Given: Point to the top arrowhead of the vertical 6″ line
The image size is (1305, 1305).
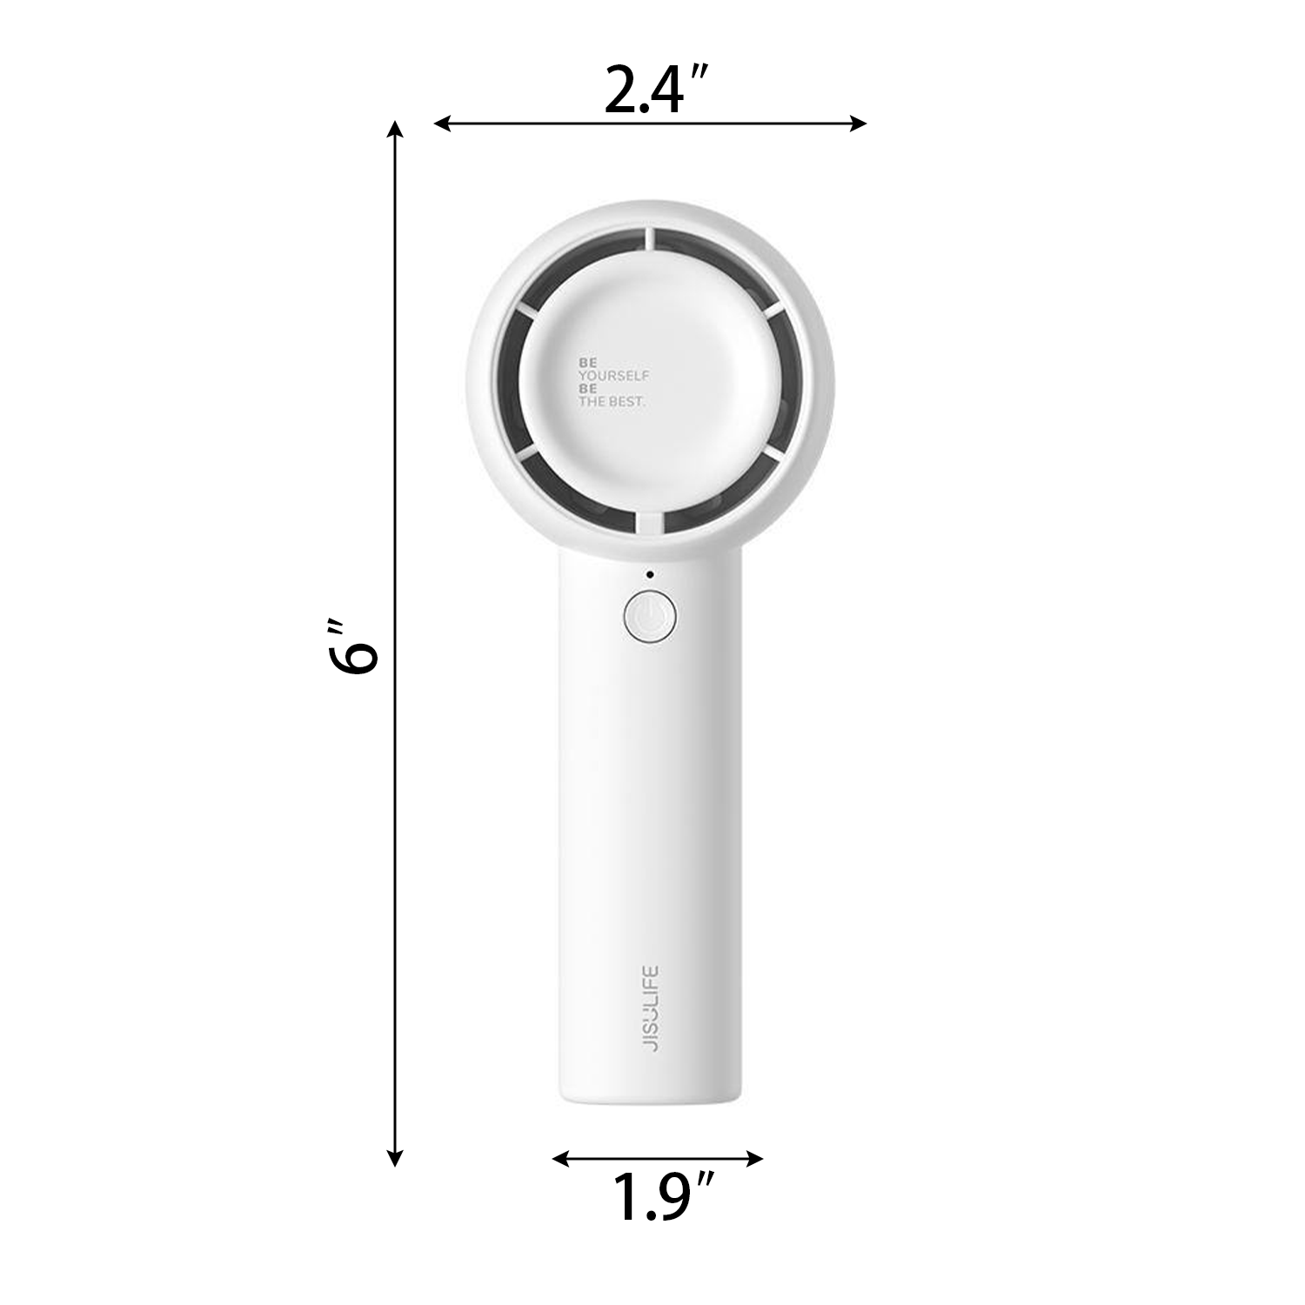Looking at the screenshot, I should pos(395,130).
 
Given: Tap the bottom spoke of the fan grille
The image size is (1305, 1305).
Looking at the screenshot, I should pos(650,520).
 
